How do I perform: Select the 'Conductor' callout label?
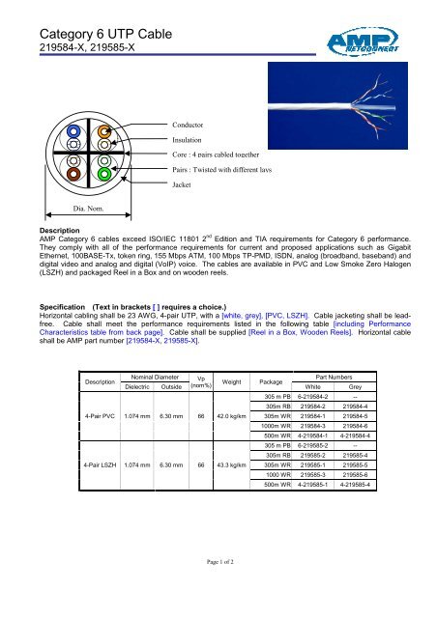[190, 126]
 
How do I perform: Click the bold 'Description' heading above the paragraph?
[56, 232]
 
